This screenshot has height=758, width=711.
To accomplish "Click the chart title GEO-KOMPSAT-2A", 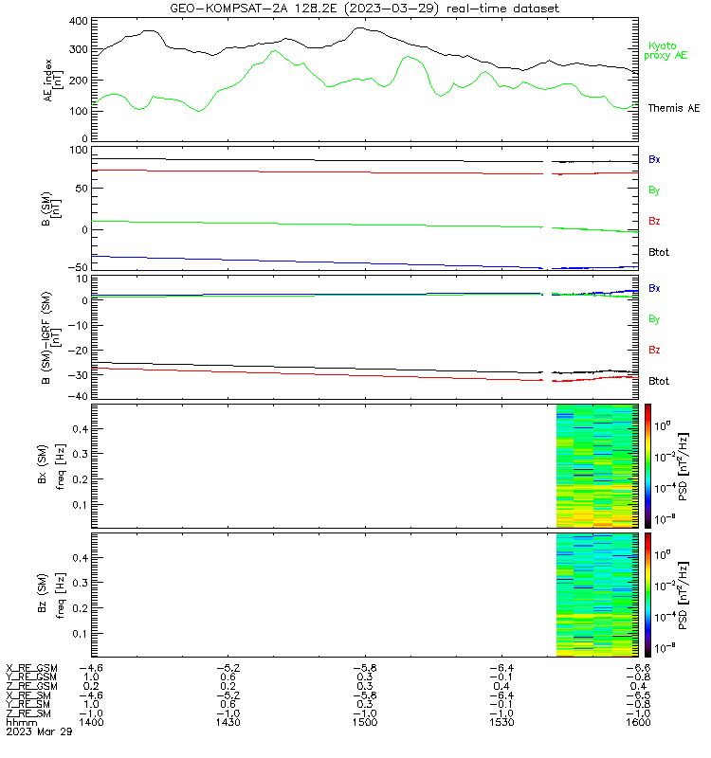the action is click(230, 9).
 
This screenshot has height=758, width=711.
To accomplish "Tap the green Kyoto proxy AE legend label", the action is click(665, 51).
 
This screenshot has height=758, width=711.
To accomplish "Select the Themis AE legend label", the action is click(674, 108).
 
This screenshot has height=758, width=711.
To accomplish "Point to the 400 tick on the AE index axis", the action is click(79, 21).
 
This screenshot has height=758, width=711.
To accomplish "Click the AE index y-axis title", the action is click(53, 81).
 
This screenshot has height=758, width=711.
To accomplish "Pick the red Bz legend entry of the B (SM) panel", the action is click(654, 221).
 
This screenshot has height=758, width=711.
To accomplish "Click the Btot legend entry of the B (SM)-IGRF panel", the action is click(659, 381).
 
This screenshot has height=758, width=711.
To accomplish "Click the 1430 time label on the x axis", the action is click(228, 722).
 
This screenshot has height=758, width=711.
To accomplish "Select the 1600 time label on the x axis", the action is click(638, 722).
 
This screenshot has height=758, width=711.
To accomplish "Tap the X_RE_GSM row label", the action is click(31, 668).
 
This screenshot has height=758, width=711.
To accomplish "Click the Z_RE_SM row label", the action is click(28, 713).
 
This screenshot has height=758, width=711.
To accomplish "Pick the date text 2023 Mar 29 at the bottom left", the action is click(39, 731).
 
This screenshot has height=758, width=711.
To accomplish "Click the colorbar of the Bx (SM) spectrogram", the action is click(647, 466).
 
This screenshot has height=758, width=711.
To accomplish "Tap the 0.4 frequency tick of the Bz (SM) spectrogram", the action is click(80, 558).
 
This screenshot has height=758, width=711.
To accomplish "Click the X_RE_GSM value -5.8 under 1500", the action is click(365, 668).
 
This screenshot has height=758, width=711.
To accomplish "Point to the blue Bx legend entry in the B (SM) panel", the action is click(654, 159).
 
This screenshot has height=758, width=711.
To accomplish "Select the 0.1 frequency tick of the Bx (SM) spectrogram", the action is click(80, 505).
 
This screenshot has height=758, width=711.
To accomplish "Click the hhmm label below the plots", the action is click(21, 722).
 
